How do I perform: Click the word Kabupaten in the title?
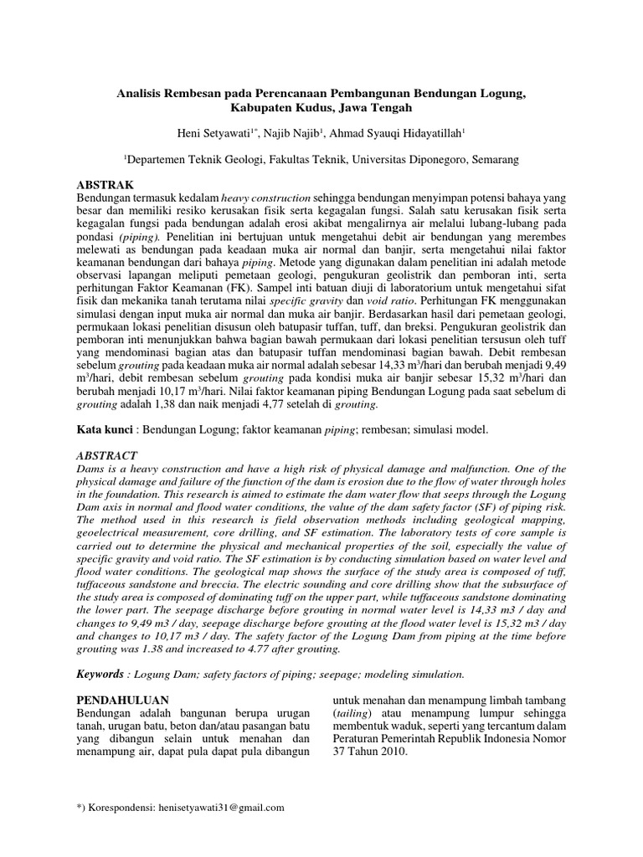click(x=264, y=108)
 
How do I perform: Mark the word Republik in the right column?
click(x=451, y=738)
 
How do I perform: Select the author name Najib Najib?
click(x=294, y=133)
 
